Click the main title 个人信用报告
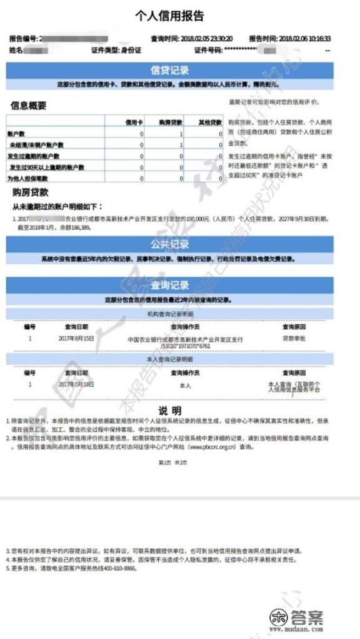pos(169,16)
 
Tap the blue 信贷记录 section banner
pos(169,71)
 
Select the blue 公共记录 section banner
pos(169,244)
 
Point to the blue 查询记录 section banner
pos(169,286)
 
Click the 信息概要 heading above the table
pos(29,106)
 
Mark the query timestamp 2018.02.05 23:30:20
pos(207,39)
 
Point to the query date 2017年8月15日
pos(76,339)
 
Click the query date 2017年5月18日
pos(76,385)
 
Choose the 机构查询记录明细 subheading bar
pos(169,314)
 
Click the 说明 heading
pos(169,411)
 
